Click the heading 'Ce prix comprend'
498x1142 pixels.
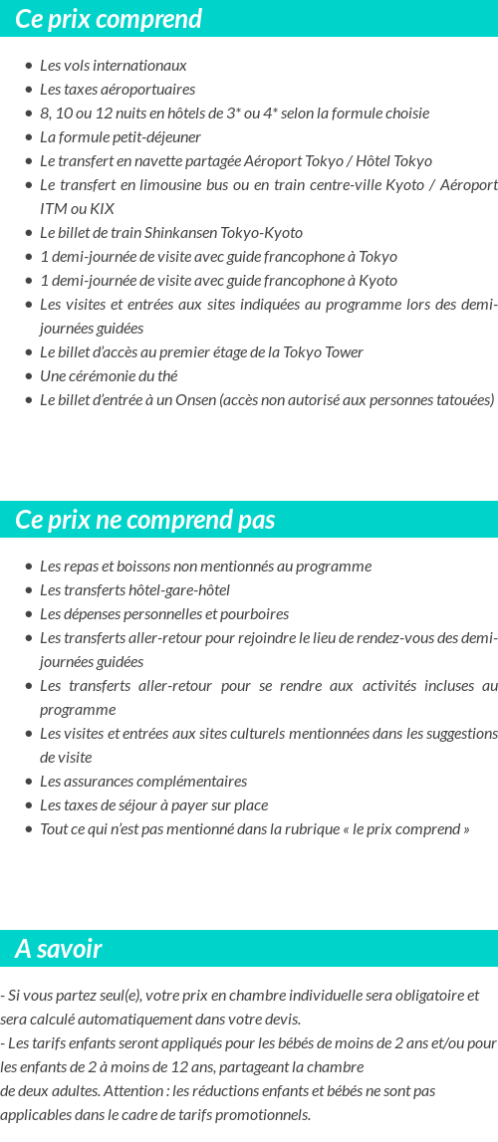109,19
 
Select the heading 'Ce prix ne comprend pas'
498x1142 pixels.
144,520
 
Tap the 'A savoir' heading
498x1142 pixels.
58,949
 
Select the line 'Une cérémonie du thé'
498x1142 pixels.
109,376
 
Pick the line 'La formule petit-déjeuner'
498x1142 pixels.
121,137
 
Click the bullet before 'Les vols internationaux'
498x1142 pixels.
29,66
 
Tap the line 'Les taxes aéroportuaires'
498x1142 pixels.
118,90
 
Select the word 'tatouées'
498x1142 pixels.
459,400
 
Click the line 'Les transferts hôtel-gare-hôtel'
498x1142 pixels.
134,590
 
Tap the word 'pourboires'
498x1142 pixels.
256,614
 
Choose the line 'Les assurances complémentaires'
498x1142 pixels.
143,782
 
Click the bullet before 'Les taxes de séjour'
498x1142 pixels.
29,805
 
